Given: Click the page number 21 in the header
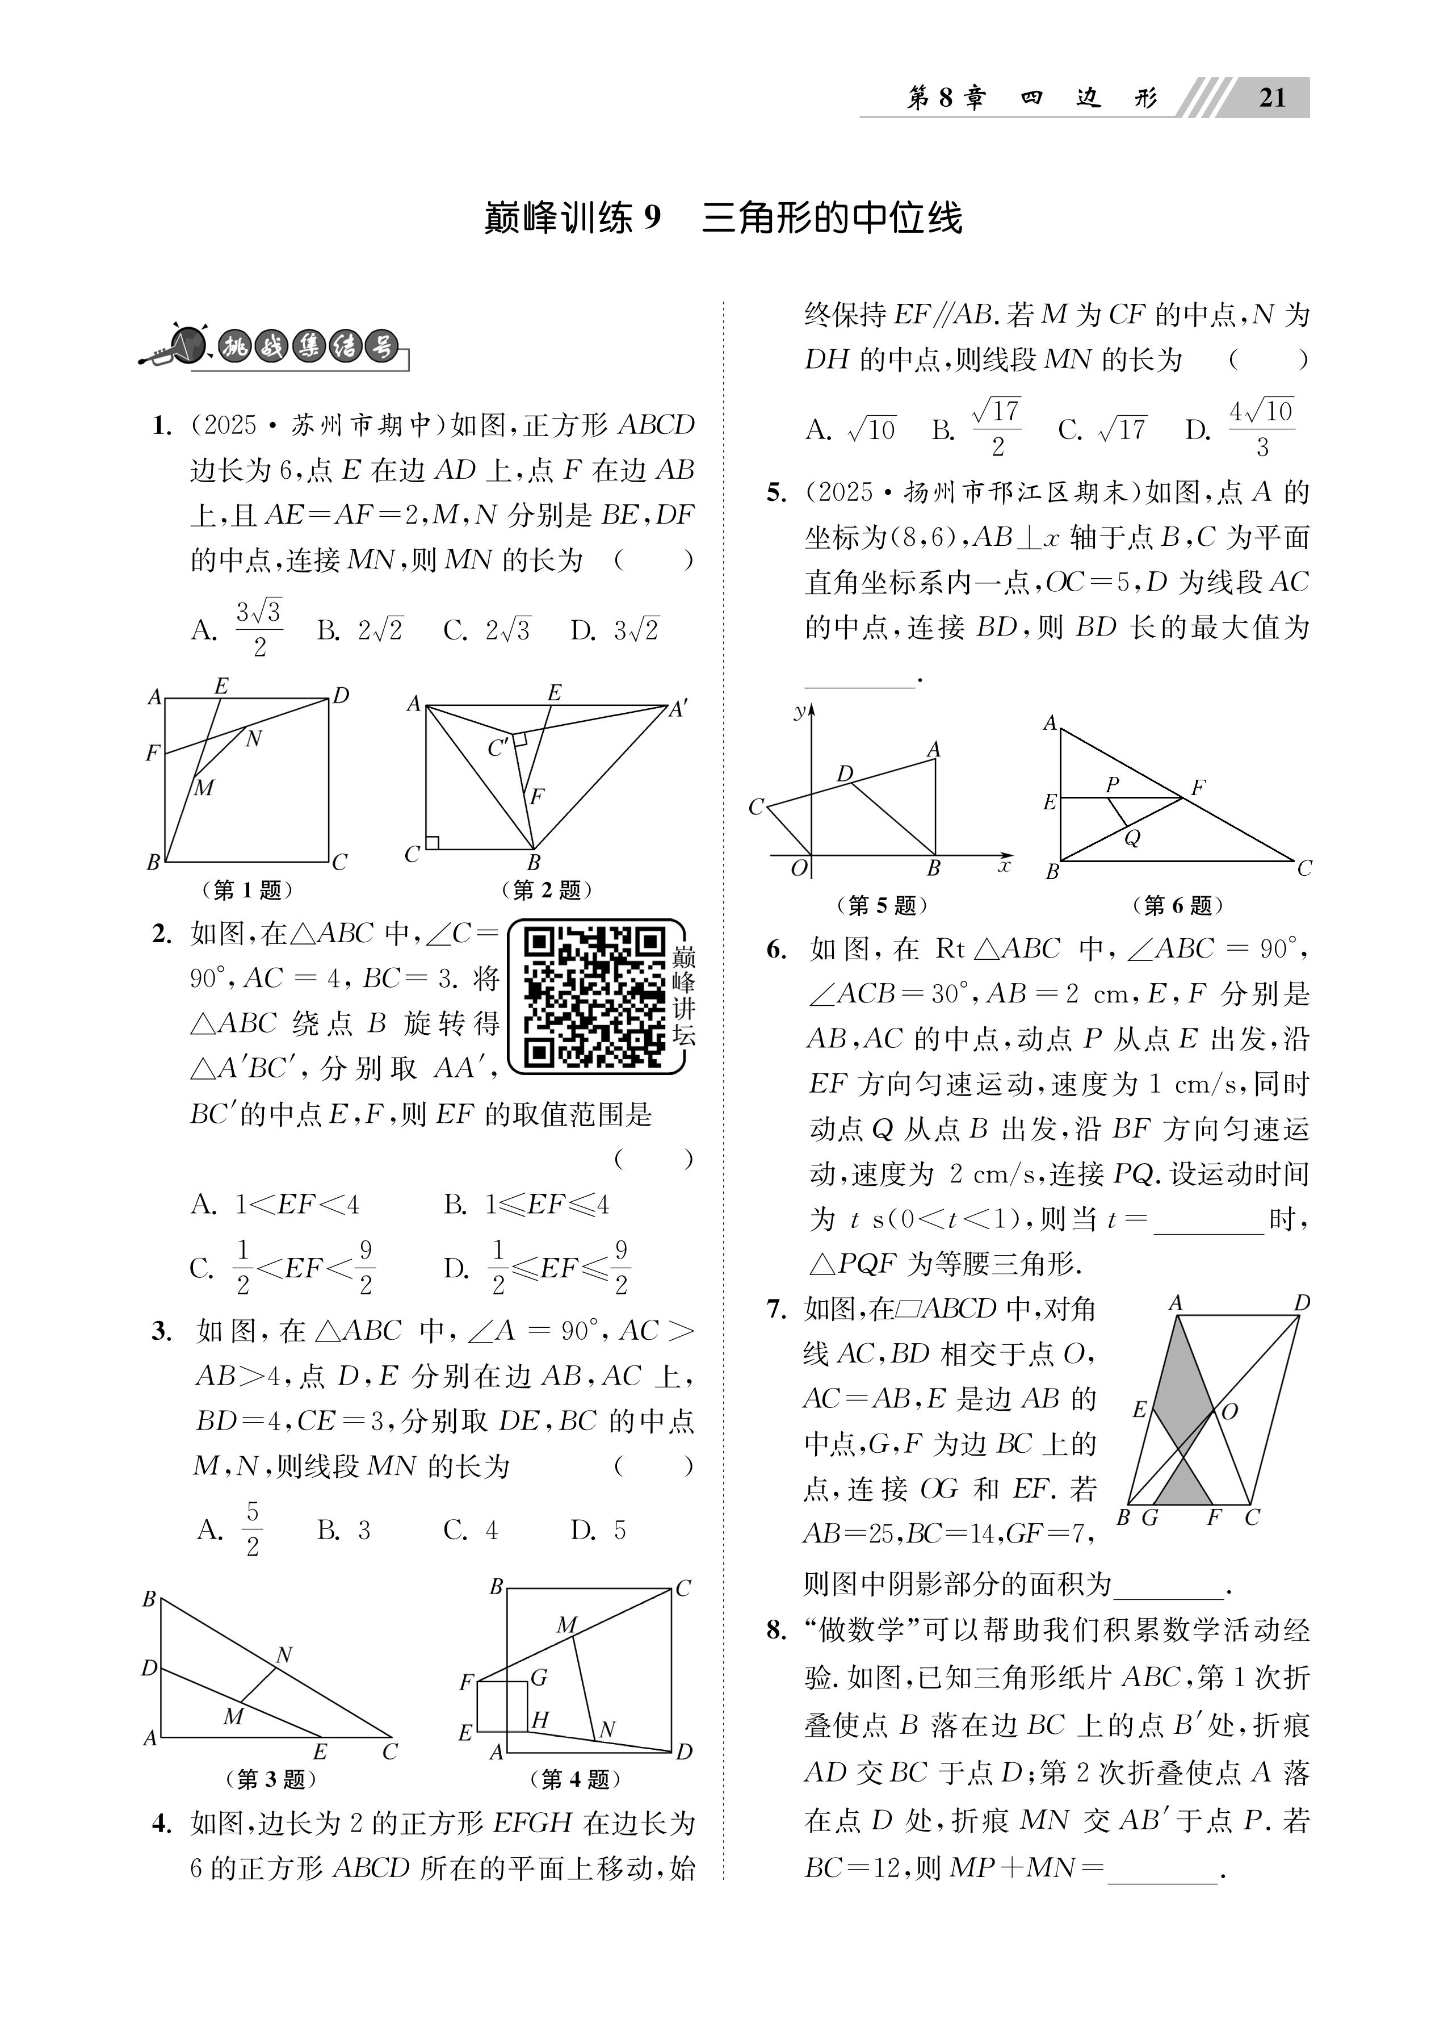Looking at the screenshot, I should [x=1273, y=96].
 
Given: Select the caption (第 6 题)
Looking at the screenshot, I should [x=1177, y=905].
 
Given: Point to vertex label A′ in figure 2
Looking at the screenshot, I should [x=679, y=709].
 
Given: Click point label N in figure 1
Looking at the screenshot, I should [x=254, y=738].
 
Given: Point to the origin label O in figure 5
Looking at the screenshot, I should [x=798, y=867].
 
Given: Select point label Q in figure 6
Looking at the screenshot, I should [x=1132, y=838].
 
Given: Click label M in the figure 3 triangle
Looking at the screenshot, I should [x=233, y=1716].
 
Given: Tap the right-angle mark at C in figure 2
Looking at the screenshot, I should [x=433, y=841].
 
